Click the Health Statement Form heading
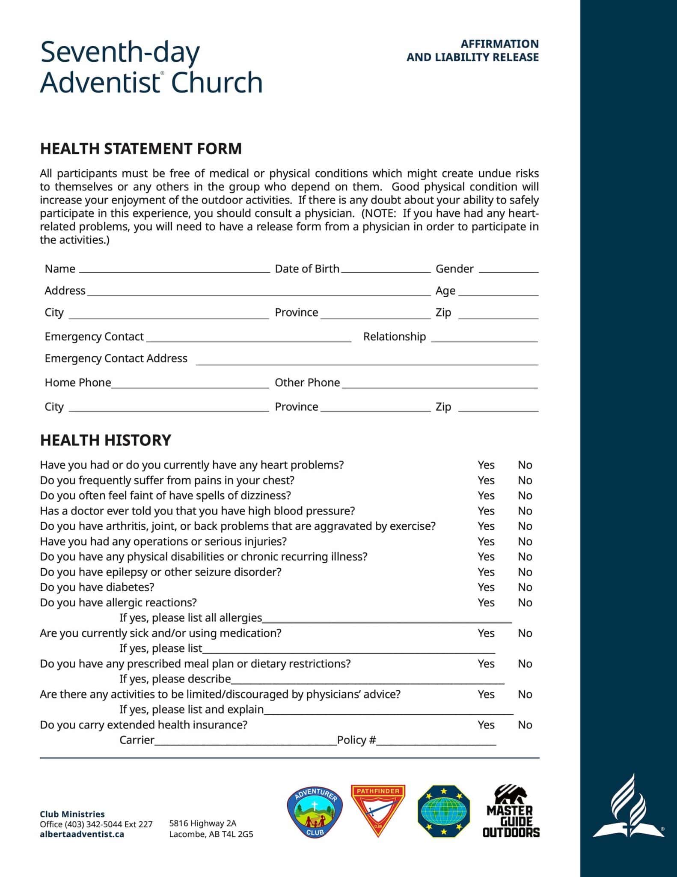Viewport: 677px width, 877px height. pos(141,149)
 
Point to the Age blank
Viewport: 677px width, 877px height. pos(498,292)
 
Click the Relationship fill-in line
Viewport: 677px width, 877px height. pos(484,339)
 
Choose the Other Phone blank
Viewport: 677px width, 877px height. pos(440,385)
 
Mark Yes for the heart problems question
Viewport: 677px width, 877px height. pos(486,465)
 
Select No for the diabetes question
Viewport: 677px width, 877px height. pos(525,587)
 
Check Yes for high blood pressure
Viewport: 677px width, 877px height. pos(486,511)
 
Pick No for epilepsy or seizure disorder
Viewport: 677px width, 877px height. pos(525,572)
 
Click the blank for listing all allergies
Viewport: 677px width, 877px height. pos(387,620)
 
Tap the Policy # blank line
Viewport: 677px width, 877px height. pos(436,742)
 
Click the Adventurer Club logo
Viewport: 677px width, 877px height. pos(315,812)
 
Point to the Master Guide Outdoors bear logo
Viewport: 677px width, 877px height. pos(511,811)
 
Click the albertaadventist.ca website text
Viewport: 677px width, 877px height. pos(82,834)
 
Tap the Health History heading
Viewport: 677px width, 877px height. pos(105,440)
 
